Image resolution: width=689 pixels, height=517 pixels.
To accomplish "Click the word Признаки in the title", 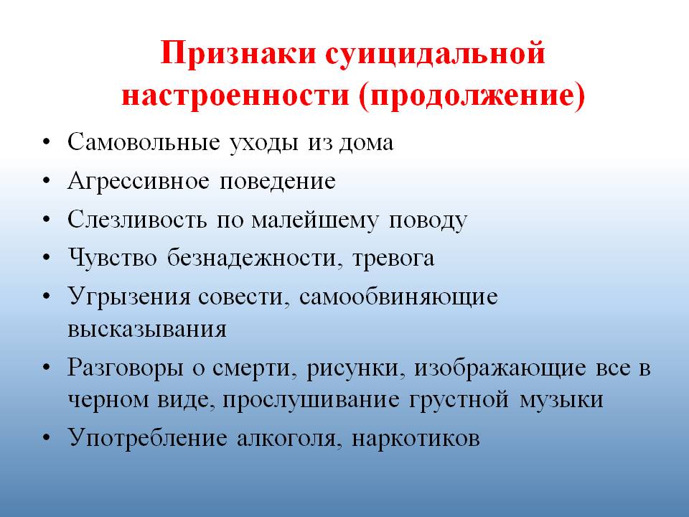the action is (238, 54).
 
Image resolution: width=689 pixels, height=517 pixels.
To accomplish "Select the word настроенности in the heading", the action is (235, 96).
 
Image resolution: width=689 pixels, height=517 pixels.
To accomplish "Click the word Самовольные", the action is (144, 142).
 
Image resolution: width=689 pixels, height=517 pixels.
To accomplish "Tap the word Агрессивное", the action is (139, 182).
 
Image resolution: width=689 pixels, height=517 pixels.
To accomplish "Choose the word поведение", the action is (278, 182).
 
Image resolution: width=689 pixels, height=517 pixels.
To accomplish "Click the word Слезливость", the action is (138, 220).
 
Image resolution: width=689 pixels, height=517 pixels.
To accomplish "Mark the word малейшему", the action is (314, 220).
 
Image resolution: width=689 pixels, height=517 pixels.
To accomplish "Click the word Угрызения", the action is (129, 297).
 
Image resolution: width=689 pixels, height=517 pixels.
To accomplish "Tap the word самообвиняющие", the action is (398, 297).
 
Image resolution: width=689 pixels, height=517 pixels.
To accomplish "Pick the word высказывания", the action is (147, 329).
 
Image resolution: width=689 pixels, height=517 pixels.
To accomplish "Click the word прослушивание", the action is (311, 401).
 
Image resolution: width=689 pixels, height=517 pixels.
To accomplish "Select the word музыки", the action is (561, 401).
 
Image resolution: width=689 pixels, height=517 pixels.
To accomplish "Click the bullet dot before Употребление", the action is (47, 438).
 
